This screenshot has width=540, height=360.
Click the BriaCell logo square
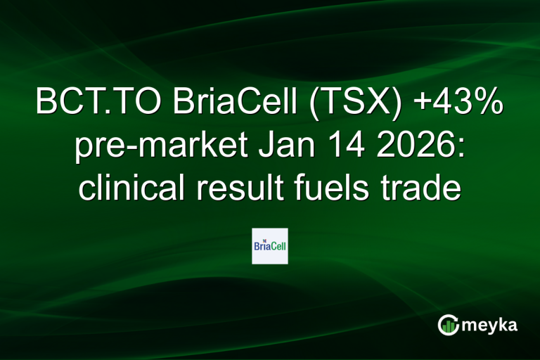coord(269,245)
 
